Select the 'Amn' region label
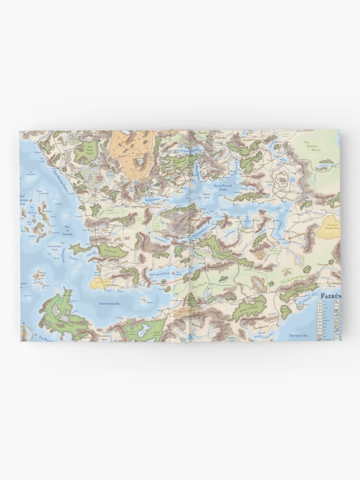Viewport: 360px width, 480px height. (105, 231)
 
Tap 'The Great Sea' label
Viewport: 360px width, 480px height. (299, 335)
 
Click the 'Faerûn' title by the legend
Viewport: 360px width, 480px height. (330, 296)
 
